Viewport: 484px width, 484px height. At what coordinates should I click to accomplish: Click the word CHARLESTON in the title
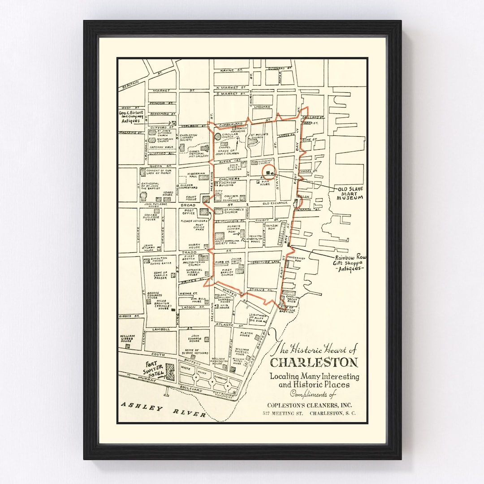point(314,362)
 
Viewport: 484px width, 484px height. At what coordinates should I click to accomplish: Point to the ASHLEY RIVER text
point(163,410)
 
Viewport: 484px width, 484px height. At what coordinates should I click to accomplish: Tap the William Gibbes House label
point(127,338)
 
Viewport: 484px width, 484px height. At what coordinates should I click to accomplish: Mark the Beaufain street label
point(128,84)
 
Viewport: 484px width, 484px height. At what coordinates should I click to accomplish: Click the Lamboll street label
point(161,329)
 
